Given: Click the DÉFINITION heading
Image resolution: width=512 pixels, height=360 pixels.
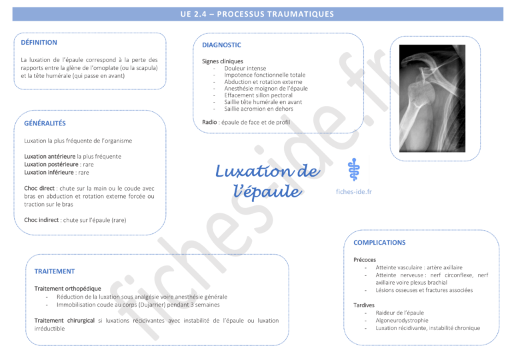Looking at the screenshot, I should [39, 42].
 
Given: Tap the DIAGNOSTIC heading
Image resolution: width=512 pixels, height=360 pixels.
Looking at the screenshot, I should [221, 45].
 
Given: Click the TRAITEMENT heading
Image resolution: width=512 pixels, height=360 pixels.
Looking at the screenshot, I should [54, 271].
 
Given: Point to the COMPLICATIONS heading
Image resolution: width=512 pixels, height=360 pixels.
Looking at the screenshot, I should [379, 243].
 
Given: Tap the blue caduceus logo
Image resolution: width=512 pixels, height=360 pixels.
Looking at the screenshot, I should [354, 169].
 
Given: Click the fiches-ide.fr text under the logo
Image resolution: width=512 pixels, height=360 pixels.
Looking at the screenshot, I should [354, 191].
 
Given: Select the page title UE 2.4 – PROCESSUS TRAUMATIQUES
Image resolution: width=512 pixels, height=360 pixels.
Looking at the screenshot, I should [256, 14].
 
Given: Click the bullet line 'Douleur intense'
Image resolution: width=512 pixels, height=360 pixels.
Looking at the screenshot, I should [245, 69].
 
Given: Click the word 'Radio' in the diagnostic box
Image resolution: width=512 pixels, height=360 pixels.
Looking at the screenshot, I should [209, 122].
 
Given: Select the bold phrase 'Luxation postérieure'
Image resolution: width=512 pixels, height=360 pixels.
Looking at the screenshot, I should [51, 164].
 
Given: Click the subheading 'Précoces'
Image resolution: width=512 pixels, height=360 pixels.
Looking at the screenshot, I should [365, 259].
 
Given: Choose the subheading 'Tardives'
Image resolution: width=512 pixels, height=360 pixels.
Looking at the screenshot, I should [364, 305].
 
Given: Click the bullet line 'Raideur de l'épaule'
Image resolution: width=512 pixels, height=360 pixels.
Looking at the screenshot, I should [399, 313].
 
